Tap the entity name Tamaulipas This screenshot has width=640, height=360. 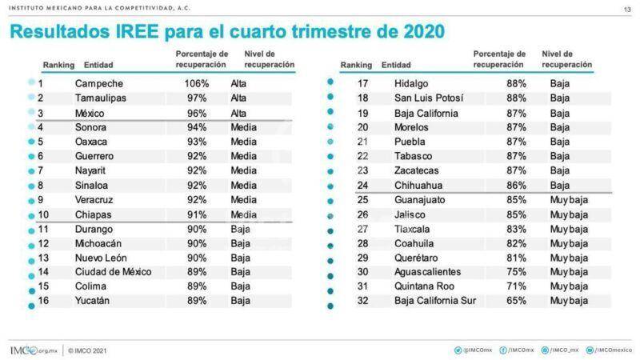tap(100, 98)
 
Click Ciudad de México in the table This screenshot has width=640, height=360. tap(113, 271)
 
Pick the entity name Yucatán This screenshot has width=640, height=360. tap(94, 300)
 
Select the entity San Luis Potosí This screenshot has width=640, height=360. tap(429, 98)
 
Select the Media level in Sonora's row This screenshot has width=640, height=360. tap(244, 126)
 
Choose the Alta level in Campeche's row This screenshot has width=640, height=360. tap(239, 83)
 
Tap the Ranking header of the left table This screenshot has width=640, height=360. tap(58, 64)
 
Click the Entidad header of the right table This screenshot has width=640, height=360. tap(397, 64)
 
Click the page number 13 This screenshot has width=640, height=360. tap(626, 9)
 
